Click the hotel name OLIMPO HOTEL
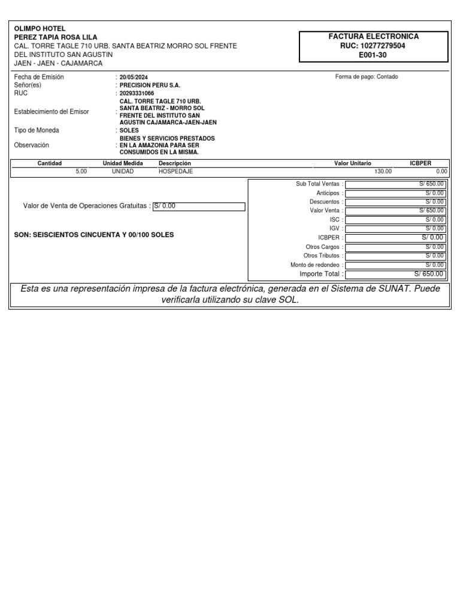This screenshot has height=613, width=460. tap(40, 29)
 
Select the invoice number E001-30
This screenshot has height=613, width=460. tap(374, 54)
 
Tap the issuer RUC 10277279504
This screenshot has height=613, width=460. tap(374, 45)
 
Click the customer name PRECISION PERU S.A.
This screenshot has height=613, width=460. tap(150, 86)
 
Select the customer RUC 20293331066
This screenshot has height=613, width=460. tap(137, 93)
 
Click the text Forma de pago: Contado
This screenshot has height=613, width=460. tap(367, 77)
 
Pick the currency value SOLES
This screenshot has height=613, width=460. tap(129, 131)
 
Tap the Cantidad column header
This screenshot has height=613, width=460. tap(50, 163)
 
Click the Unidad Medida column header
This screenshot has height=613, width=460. tap(123, 163)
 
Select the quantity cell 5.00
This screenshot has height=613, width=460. tap(81, 171)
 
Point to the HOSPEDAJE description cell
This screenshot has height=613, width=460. tap(175, 171)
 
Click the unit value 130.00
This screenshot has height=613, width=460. tap(383, 171)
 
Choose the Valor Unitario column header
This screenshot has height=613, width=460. tap(352, 163)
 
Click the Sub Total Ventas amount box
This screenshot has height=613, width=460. tap(395, 184)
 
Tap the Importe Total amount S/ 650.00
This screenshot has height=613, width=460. tap(395, 274)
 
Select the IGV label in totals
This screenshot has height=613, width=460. tap(335, 229)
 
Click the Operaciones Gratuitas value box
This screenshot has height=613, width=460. tap(199, 207)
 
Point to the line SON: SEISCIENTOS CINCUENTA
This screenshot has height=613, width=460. tap(94, 235)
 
